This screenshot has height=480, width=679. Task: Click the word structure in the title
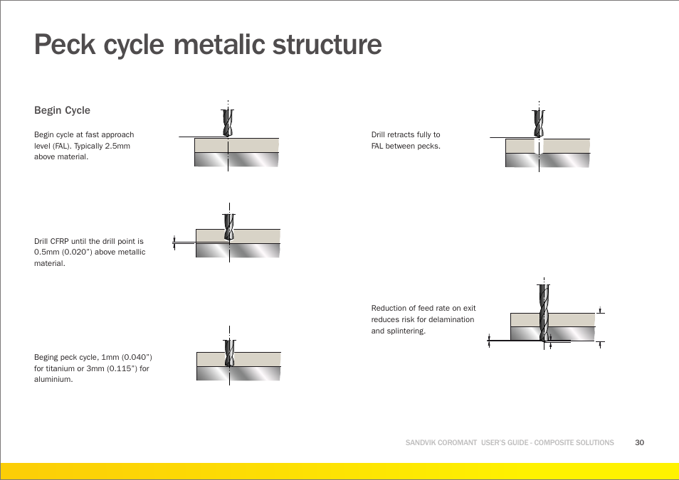click(325, 46)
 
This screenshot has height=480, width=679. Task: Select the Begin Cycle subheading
click(62, 110)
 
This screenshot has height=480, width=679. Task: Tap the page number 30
click(639, 442)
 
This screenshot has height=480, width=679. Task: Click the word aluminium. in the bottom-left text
click(53, 379)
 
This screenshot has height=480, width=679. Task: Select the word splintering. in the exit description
click(405, 331)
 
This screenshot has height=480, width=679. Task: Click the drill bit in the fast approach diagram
click(228, 122)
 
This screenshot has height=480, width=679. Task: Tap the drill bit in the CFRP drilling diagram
click(228, 226)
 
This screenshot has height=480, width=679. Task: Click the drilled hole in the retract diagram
click(539, 147)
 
